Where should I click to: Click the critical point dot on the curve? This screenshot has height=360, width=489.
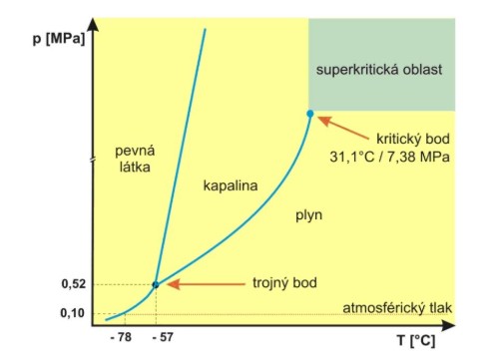(310, 114)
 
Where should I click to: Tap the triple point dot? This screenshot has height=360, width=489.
(155, 284)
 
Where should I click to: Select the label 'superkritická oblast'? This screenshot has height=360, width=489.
(378, 70)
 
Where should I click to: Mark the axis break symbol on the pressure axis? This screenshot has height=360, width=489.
(92, 161)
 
